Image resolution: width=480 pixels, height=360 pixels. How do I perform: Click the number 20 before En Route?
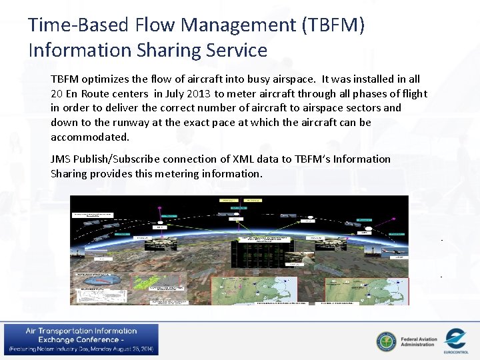tap(57, 93)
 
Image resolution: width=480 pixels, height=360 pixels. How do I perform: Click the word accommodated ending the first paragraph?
tap(89, 137)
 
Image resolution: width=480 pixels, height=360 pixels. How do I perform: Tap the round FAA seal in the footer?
tap(385, 341)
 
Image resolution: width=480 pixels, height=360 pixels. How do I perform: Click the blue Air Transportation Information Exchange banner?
tap(81, 340)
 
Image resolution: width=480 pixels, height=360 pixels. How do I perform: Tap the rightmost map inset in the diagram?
tap(366, 291)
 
